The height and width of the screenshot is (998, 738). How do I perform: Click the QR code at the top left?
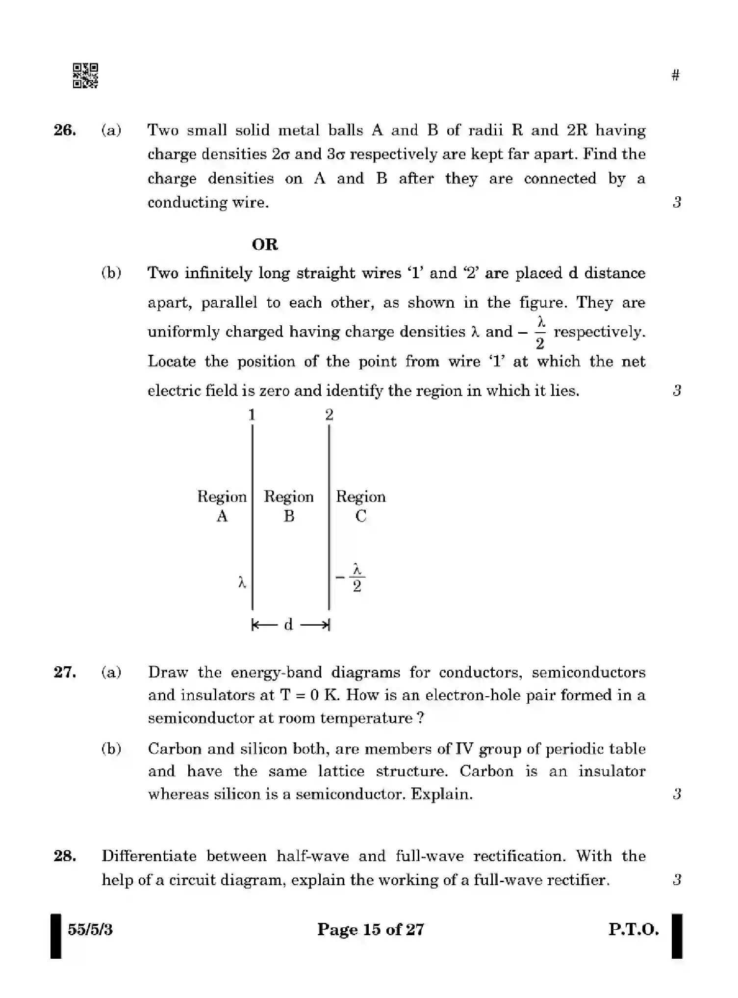[x=85, y=76]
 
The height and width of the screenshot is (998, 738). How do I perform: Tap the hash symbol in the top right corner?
[x=675, y=75]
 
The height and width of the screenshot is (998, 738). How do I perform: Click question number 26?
[x=65, y=131]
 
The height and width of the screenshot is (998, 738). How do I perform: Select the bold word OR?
[x=265, y=244]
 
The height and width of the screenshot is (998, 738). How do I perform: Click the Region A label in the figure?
[x=222, y=506]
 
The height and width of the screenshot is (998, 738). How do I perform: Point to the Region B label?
[x=289, y=506]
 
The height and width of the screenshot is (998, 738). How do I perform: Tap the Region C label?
[x=360, y=506]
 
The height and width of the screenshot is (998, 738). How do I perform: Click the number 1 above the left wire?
[x=252, y=415]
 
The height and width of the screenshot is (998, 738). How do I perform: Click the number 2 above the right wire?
[x=329, y=415]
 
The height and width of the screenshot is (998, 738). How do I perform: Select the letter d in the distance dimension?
[x=288, y=625]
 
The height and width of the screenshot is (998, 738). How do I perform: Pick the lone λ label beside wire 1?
[x=242, y=582]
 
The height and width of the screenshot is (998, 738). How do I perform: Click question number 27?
[x=65, y=672]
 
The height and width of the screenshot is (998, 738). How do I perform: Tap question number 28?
[x=65, y=856]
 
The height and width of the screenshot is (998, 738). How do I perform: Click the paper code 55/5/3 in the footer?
[x=90, y=929]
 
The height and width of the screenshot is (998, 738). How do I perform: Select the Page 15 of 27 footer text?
[x=370, y=929]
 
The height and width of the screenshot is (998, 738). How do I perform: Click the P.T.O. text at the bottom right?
[x=634, y=929]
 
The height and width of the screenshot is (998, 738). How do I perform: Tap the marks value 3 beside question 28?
[x=677, y=880]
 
